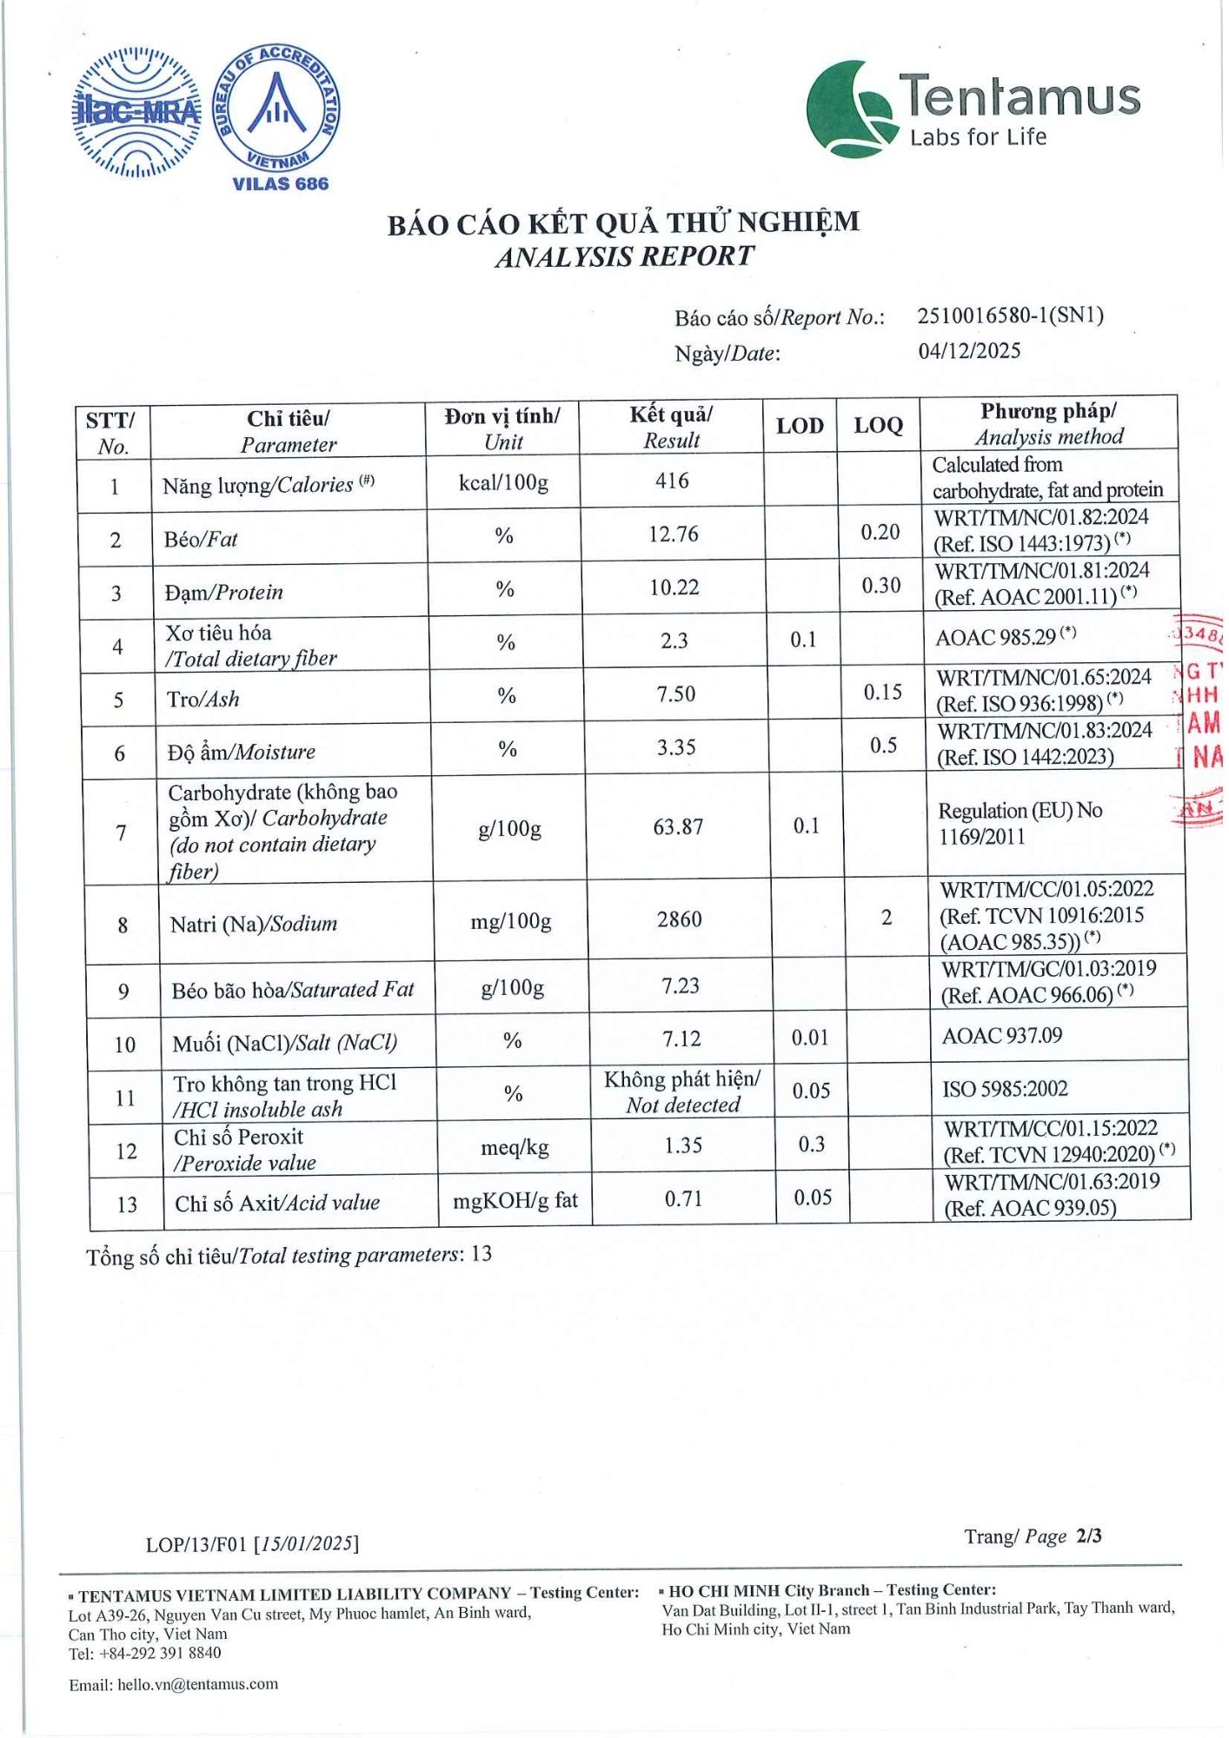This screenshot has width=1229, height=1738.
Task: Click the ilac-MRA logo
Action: point(136,112)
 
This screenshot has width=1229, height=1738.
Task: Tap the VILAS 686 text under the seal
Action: point(280,184)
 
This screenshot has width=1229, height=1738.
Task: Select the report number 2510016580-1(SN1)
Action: point(1010,315)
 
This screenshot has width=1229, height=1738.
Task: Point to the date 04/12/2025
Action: point(969,351)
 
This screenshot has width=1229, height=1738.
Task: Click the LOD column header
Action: point(800,426)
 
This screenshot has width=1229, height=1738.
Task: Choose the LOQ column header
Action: point(878,426)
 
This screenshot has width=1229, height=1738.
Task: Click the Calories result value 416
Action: point(672,481)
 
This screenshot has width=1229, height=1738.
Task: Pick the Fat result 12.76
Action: point(674,534)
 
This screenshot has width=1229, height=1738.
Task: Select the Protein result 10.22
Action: point(674,587)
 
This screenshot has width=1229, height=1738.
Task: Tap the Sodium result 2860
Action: point(679,919)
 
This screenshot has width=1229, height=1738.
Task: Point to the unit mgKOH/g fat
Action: point(515,1201)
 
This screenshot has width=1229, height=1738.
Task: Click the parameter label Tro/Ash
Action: point(203,700)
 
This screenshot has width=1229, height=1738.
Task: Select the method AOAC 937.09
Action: point(1002,1036)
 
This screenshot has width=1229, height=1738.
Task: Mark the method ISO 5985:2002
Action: point(1005,1089)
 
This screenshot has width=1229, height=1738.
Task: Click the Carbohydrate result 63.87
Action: point(678,826)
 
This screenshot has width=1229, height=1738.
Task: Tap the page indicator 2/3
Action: point(1088,1536)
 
